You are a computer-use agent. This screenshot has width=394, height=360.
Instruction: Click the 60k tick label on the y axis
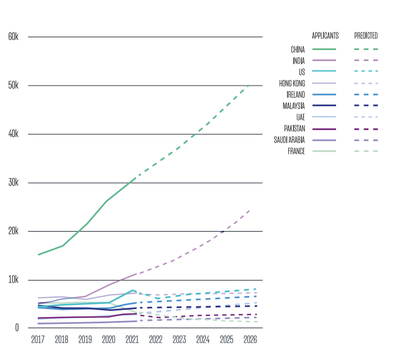pyautogui.click(x=13, y=37)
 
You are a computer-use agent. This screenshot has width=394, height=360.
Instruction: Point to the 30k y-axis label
pyautogui.click(x=13, y=183)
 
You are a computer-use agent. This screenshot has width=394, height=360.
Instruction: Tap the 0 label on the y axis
pyautogui.click(x=17, y=328)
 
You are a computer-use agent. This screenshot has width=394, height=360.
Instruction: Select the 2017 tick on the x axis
pyautogui.click(x=38, y=339)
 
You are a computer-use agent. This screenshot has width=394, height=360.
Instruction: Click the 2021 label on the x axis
pyautogui.click(x=132, y=339)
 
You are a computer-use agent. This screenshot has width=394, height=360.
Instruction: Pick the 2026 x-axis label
pyautogui.click(x=250, y=339)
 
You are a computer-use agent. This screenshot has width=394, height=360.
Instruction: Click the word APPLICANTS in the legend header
pyautogui.click(x=325, y=35)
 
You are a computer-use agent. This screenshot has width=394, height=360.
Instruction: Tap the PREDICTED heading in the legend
pyautogui.click(x=366, y=35)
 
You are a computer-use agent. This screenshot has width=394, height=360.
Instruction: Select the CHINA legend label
pyautogui.click(x=298, y=49)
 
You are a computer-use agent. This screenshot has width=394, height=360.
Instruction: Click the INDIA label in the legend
pyautogui.click(x=299, y=61)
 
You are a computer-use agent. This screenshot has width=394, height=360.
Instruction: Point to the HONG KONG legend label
pyautogui.click(x=292, y=83)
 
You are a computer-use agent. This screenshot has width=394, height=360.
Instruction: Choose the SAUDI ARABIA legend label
pyautogui.click(x=290, y=140)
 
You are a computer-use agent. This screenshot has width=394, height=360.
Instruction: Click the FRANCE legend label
pyautogui.click(x=296, y=151)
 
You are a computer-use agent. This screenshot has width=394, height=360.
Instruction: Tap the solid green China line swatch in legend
pyautogui.click(x=324, y=49)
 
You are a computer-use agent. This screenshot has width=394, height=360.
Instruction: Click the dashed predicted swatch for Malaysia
pyautogui.click(x=366, y=106)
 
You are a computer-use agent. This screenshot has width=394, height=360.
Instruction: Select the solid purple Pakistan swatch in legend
pyautogui.click(x=324, y=129)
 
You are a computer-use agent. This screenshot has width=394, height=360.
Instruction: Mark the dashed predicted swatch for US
pyautogui.click(x=366, y=72)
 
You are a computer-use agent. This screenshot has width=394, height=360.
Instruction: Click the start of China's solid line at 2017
pyautogui.click(x=38, y=254)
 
